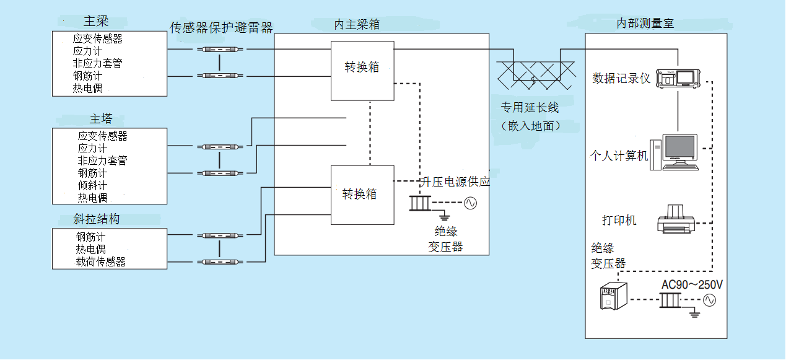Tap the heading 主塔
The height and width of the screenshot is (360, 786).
tap(101, 119)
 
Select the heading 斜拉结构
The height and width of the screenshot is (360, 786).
tap(96, 219)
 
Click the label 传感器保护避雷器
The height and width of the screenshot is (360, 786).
tap(221, 28)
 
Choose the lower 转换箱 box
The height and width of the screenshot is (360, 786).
tap(362, 195)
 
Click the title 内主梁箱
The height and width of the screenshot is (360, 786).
tap(357, 25)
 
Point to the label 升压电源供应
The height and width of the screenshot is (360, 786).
tap(455, 182)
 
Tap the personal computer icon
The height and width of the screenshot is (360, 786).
tap(679, 152)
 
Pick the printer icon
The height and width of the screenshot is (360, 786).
tap(676, 219)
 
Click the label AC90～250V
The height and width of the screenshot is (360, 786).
tap(692, 285)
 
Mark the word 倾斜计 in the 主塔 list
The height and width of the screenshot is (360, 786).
tap(92, 185)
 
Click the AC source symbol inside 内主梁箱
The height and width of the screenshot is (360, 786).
tap(470, 203)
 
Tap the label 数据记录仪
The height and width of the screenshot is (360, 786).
tap(621, 79)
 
